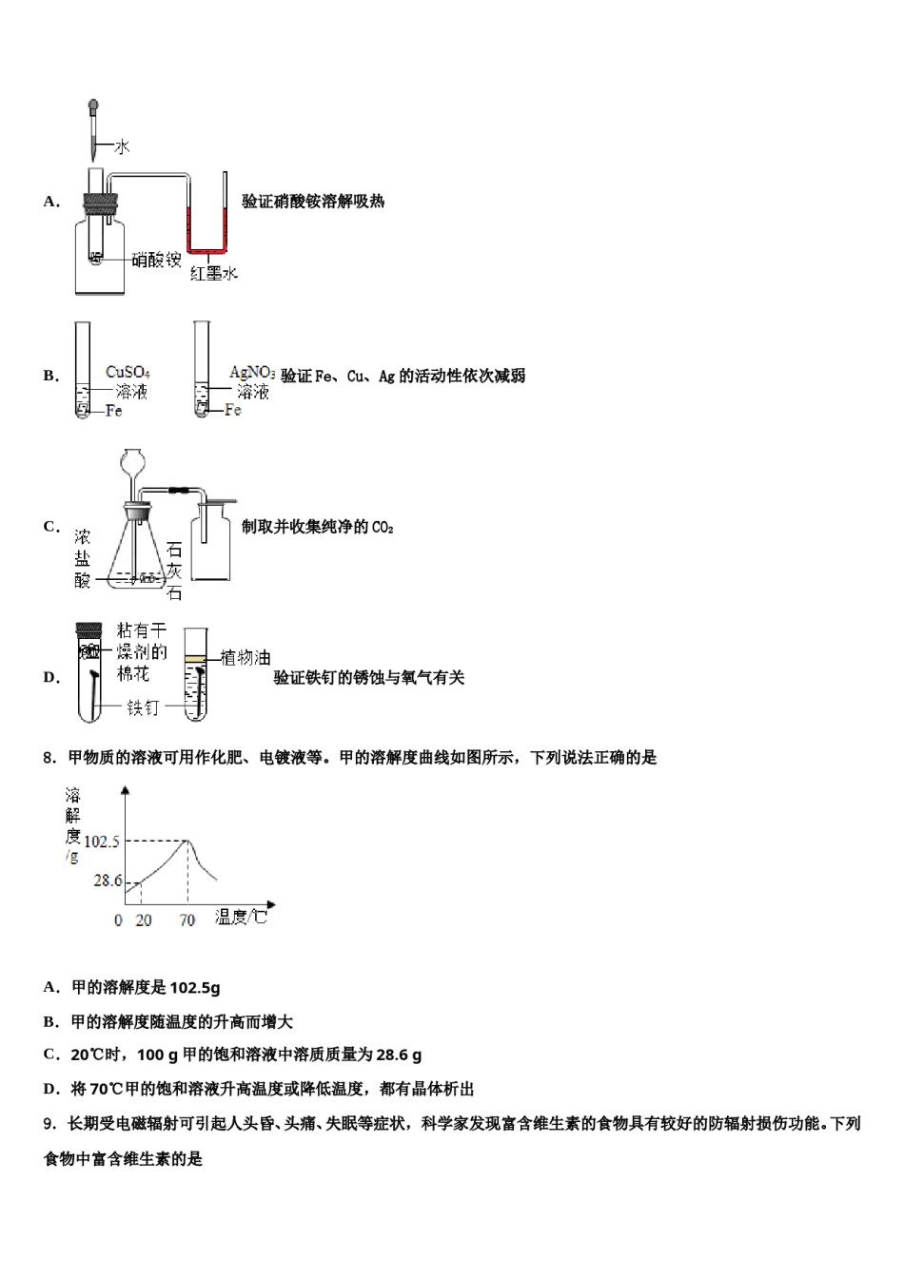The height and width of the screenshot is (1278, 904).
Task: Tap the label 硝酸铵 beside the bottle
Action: pyautogui.click(x=156, y=259)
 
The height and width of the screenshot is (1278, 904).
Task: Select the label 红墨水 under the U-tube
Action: pyautogui.click(x=213, y=273)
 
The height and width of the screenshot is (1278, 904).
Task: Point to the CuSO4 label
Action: pyautogui.click(x=128, y=373)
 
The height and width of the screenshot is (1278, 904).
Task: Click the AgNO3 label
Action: pyautogui.click(x=252, y=373)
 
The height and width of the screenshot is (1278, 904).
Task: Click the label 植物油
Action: pyautogui.click(x=245, y=657)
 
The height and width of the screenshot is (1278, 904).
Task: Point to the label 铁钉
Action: pyautogui.click(x=143, y=707)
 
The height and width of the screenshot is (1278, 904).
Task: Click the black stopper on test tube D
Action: pyautogui.click(x=89, y=630)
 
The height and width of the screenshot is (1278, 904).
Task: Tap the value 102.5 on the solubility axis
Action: pyautogui.click(x=102, y=842)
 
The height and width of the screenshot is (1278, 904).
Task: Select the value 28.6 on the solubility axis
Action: pyautogui.click(x=108, y=881)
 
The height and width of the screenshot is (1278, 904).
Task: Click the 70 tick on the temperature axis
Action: pyautogui.click(x=187, y=920)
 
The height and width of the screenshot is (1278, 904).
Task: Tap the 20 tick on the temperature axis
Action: pyautogui.click(x=143, y=920)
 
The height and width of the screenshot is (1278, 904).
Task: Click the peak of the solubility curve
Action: pyautogui.click(x=187, y=842)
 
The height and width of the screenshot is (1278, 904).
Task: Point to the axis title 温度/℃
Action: pyautogui.click(x=241, y=918)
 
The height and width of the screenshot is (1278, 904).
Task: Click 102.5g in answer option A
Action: pyautogui.click(x=194, y=987)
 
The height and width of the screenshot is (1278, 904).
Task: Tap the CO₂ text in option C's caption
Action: pyautogui.click(x=382, y=527)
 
